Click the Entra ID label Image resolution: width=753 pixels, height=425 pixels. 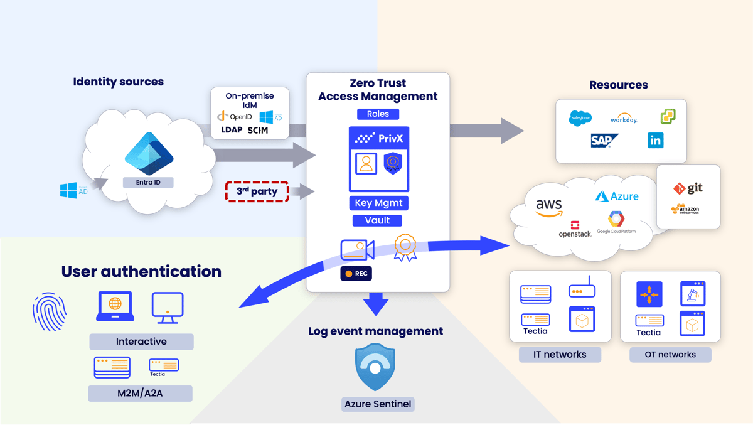148,183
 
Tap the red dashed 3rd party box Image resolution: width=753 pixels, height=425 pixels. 257,191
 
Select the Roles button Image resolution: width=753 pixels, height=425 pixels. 378,114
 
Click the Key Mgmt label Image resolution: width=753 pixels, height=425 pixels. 378,203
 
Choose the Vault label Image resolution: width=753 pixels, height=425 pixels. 377,220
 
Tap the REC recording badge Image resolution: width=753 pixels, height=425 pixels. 356,274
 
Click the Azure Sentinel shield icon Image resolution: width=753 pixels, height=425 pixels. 375,367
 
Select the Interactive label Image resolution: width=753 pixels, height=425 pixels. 141,342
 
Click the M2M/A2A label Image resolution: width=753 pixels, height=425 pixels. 141,394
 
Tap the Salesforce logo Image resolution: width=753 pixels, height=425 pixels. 580,118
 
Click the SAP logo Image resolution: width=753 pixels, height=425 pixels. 604,141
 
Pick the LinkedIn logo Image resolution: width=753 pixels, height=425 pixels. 655,140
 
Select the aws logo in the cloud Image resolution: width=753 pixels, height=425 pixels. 549,207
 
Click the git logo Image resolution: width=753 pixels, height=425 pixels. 688,188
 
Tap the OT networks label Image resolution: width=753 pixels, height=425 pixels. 670,355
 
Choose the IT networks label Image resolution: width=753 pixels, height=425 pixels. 560,355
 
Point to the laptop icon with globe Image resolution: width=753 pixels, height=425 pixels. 115,306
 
